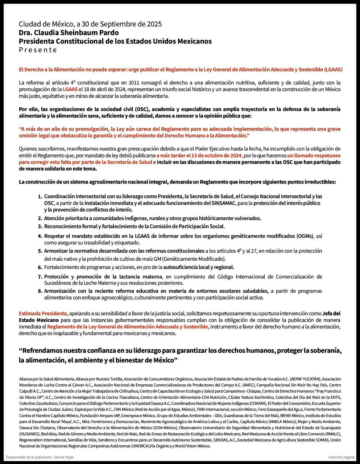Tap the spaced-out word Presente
pos(38,50)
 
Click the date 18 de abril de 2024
pos(103,89)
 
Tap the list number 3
pos(40,227)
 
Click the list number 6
pos(40,268)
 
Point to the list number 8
pos(40,291)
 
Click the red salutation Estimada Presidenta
pos(44,313)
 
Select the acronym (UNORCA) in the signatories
pos(138,446)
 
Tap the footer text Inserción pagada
pos(342,457)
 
